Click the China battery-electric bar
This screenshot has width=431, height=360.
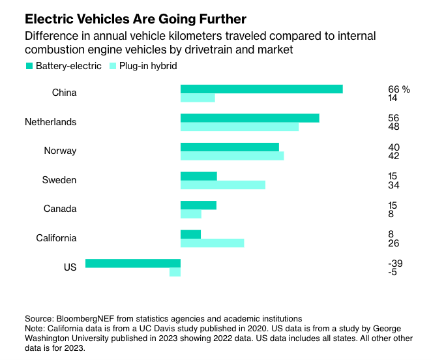click(x=261, y=89)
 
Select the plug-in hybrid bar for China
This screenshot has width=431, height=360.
click(x=198, y=98)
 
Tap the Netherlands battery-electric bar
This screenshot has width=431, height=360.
click(x=250, y=118)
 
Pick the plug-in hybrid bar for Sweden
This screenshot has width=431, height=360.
click(x=223, y=185)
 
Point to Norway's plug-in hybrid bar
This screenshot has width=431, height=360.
click(x=232, y=156)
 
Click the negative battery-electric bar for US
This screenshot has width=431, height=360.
click(x=133, y=263)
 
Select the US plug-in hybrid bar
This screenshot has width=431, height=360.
click(x=175, y=272)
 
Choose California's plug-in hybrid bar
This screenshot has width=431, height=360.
click(x=212, y=243)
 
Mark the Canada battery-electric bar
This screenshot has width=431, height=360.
click(x=198, y=205)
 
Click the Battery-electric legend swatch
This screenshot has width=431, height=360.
click(x=29, y=66)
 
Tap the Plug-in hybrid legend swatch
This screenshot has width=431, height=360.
click(x=112, y=66)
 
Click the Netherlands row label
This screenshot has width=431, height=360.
click(x=51, y=122)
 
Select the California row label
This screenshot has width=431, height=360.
click(x=57, y=238)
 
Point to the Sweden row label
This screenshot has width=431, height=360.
click(x=59, y=180)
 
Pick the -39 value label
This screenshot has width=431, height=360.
click(x=395, y=263)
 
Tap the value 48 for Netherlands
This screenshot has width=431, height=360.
click(x=393, y=127)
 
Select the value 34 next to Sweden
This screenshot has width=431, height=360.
click(x=393, y=185)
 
